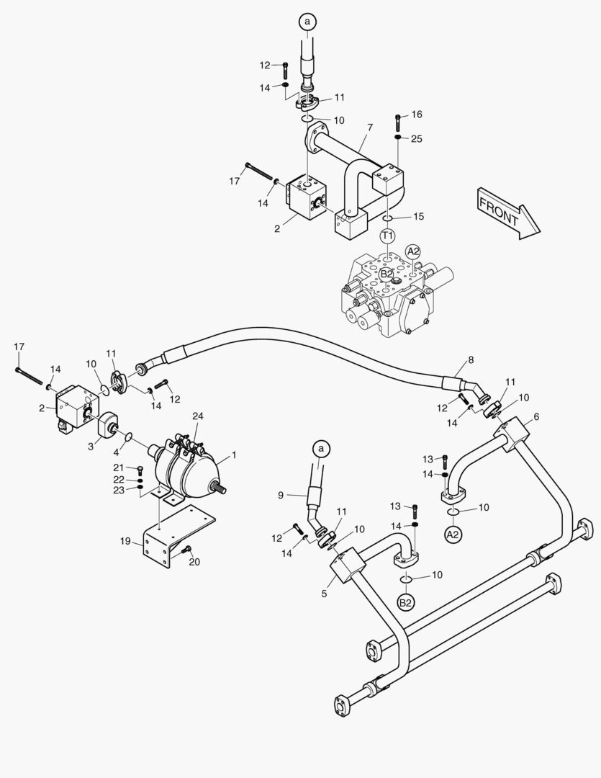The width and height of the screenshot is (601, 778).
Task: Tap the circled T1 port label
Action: point(388,236)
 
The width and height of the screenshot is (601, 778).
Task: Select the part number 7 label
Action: point(369,128)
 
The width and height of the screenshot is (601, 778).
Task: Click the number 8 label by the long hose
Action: point(471,359)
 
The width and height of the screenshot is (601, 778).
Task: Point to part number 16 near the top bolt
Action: point(417,115)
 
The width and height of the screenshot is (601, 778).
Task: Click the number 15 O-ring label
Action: point(419,216)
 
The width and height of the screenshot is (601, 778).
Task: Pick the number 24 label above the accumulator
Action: point(198,416)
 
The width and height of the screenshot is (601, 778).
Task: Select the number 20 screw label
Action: point(194,563)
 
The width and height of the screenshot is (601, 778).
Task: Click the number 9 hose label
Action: point(281,495)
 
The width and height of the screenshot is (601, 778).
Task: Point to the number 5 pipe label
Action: point(325,594)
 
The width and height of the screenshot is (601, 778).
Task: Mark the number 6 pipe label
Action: point(536,416)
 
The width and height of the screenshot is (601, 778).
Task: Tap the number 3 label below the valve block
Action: point(91,447)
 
